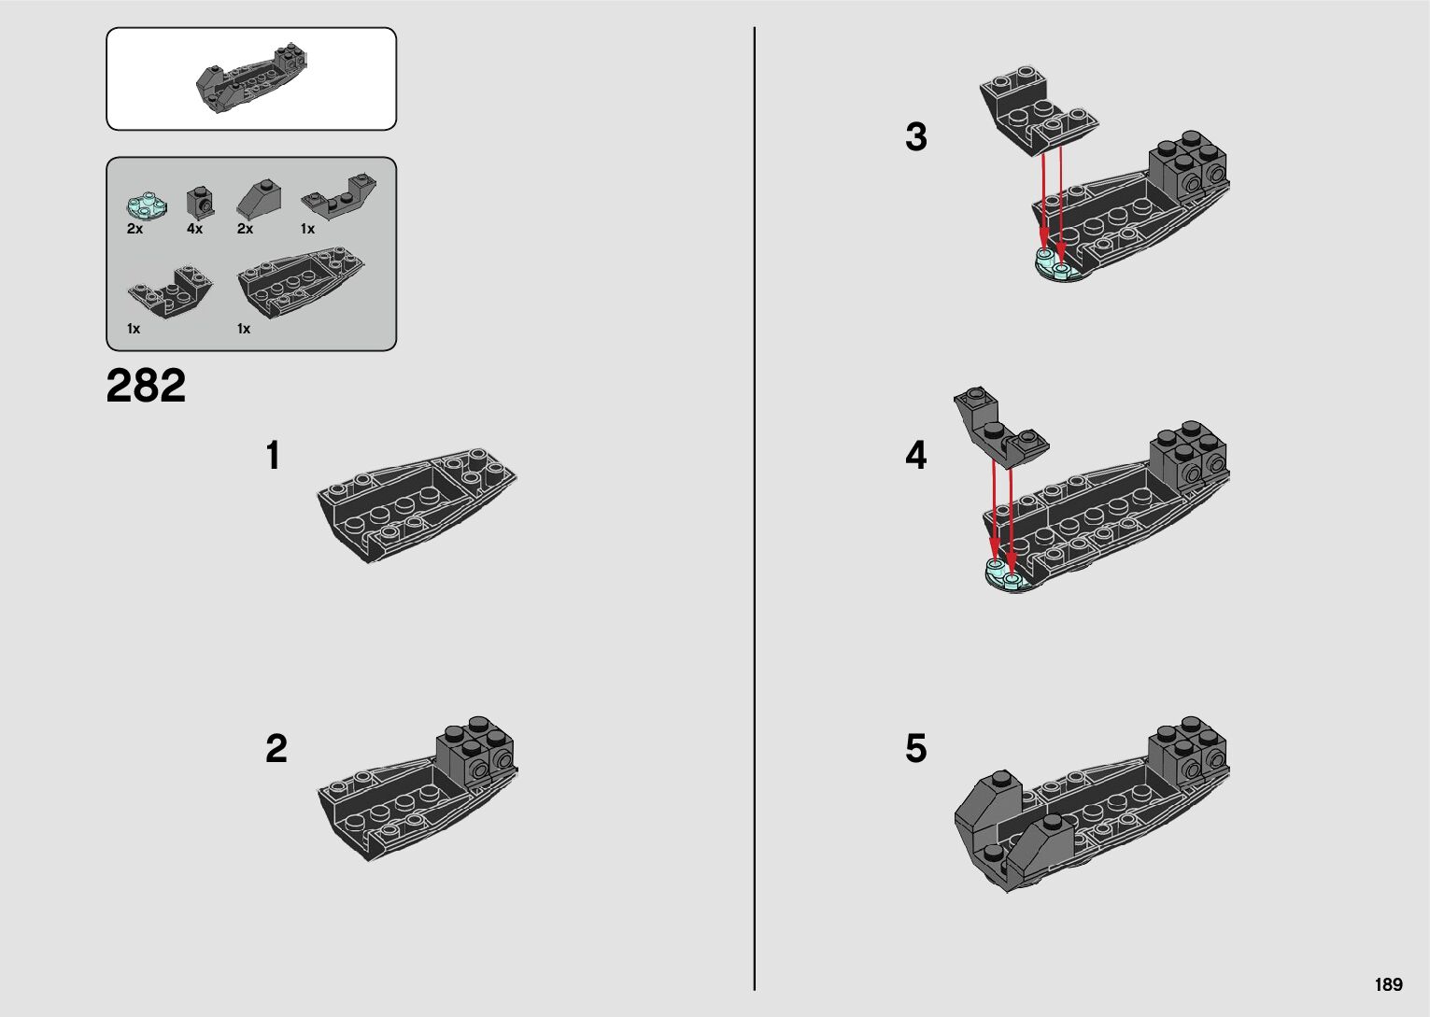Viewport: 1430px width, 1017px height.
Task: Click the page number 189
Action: (1389, 984)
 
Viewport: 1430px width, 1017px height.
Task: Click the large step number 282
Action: (147, 386)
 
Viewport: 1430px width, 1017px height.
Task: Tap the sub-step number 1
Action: (274, 455)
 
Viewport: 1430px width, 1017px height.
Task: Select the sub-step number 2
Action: (276, 748)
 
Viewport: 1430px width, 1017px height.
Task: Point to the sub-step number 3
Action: (916, 136)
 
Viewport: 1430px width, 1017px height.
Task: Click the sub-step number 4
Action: (916, 455)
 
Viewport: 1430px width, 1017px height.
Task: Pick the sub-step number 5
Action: (916, 748)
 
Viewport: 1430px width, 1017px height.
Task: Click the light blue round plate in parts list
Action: (147, 205)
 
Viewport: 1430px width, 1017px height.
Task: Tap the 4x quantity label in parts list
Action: (194, 229)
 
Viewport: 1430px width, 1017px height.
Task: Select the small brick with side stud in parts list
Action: (201, 203)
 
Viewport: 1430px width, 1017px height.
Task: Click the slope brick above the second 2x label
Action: (259, 197)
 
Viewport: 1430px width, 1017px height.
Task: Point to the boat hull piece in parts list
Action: (301, 281)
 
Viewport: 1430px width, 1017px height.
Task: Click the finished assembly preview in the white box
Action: (251, 78)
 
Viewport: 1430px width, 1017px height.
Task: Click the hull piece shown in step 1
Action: (417, 505)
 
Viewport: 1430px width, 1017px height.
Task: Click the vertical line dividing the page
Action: (755, 508)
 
